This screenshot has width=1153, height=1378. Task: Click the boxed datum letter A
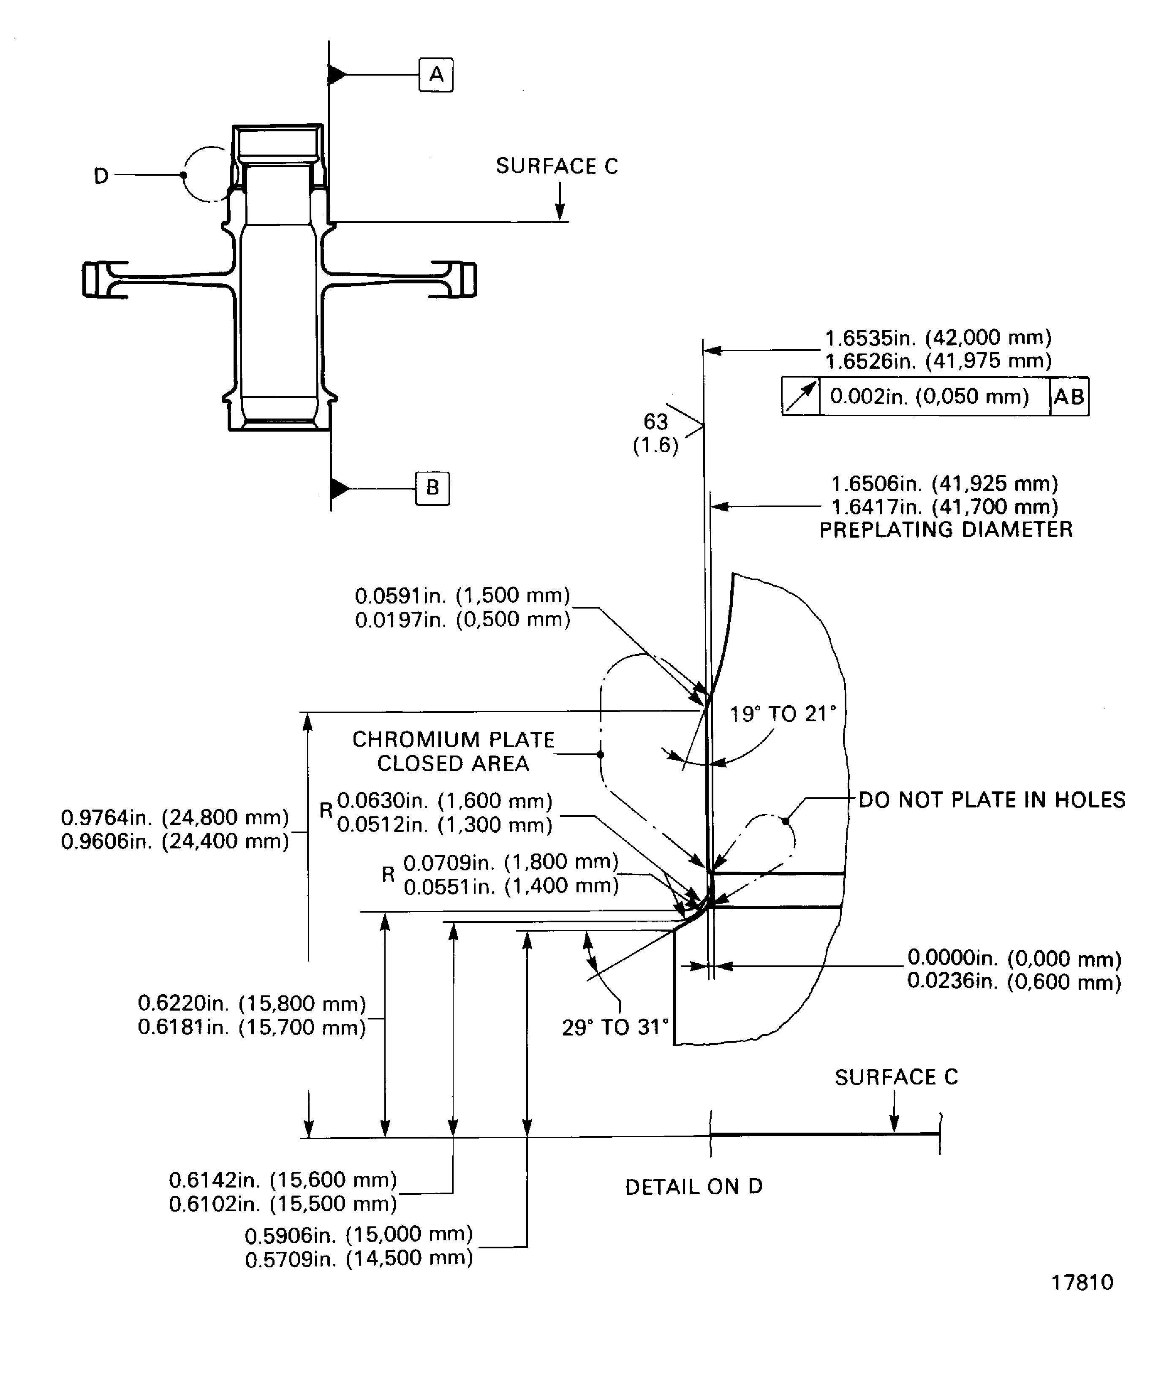point(436,75)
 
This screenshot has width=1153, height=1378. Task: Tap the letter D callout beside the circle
point(101,176)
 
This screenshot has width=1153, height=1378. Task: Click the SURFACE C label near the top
point(557,166)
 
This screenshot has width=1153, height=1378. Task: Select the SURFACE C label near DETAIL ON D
point(896,1077)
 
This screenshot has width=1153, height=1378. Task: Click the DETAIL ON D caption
point(693,1186)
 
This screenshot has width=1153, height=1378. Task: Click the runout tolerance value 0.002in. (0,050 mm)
point(929,397)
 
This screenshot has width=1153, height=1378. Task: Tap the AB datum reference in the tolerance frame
point(1069,397)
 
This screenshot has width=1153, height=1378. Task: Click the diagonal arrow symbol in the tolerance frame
point(801,397)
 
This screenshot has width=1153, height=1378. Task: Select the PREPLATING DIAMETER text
point(946,530)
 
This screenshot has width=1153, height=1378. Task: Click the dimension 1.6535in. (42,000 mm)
point(938,338)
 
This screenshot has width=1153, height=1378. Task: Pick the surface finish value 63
point(655,421)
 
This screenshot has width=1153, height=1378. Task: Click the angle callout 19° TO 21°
point(783,714)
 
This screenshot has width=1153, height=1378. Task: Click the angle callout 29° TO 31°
point(615,1027)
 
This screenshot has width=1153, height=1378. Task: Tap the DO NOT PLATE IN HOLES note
point(992,799)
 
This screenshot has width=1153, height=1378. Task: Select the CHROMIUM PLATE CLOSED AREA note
point(454,751)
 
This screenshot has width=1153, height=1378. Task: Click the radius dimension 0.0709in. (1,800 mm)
point(511,862)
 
